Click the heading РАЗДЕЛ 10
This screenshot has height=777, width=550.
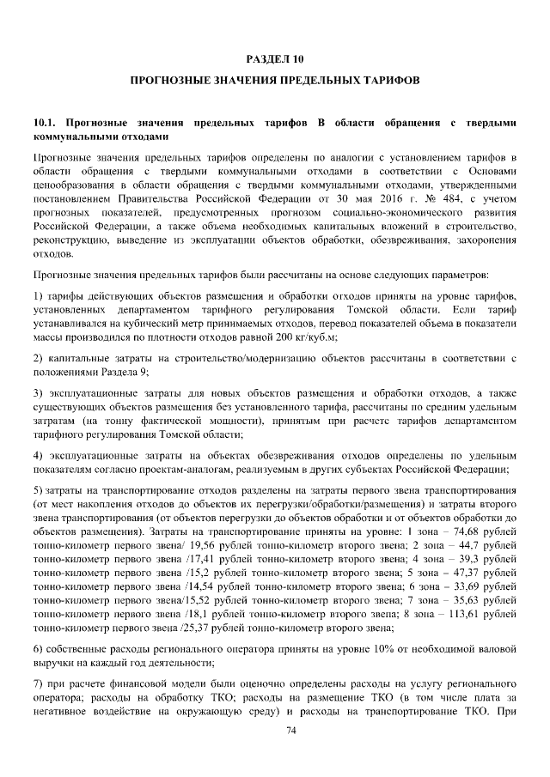point(275,59)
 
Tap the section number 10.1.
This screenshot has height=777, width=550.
point(44,124)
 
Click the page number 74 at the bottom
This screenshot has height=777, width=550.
point(275,729)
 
